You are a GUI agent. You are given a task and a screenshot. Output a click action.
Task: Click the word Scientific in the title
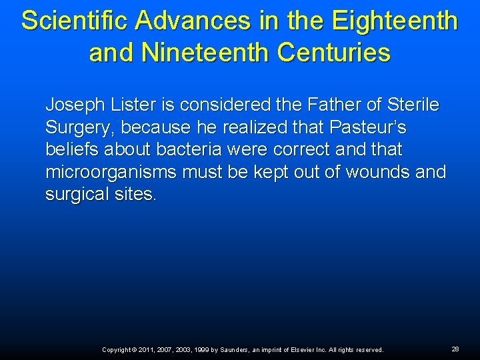(x=75, y=21)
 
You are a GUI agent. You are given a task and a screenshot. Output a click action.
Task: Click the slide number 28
(x=455, y=349)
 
